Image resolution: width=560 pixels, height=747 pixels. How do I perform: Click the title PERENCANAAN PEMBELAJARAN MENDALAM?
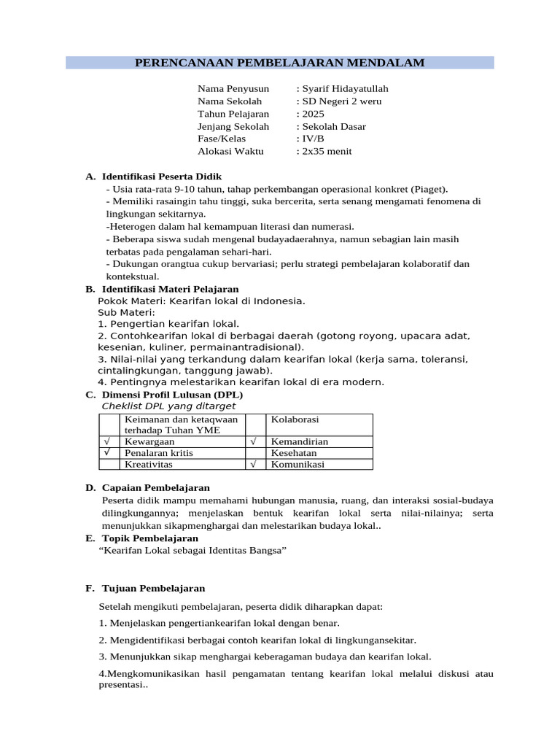click(x=280, y=63)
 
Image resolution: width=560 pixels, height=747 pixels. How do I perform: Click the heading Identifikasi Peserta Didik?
click(x=162, y=177)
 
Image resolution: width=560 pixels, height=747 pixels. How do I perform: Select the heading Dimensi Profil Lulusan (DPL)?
click(x=172, y=395)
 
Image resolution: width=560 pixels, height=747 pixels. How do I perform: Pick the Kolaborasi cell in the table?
click(x=295, y=419)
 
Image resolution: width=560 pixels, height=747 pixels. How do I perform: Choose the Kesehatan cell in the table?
click(x=294, y=453)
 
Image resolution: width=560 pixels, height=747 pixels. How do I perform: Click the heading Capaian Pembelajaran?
click(x=156, y=487)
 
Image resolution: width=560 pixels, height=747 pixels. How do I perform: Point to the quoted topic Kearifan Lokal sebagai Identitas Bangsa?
click(x=192, y=550)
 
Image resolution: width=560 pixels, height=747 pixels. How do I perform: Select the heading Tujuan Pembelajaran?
click(x=153, y=588)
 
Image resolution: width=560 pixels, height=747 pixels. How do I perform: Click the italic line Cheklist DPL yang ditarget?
click(x=169, y=406)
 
